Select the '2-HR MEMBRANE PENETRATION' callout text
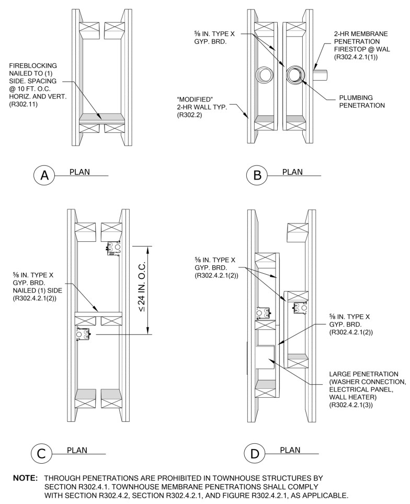[360, 37]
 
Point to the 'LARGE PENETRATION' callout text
[363, 374]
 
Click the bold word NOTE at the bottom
[23, 478]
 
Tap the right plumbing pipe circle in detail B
[294, 75]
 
